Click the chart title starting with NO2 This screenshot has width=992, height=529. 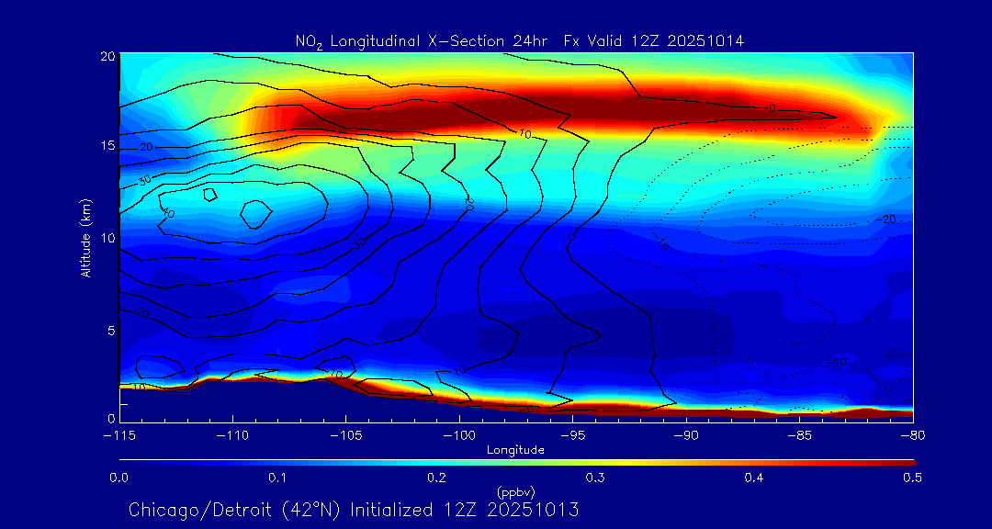pos(519,40)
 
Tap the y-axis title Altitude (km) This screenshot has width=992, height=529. pos(85,237)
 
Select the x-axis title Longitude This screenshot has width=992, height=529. pos(515,450)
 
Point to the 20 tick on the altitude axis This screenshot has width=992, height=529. pos(107,56)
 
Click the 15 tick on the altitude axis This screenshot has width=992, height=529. pos(107,147)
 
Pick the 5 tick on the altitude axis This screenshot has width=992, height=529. pos(109,330)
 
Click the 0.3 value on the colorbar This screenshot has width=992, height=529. pos(595,478)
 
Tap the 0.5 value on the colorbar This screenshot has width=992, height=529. pos(913,478)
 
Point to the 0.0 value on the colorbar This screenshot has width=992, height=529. pos(118,478)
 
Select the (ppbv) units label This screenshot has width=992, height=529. pos(515,491)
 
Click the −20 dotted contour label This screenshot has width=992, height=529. pos(885,219)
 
